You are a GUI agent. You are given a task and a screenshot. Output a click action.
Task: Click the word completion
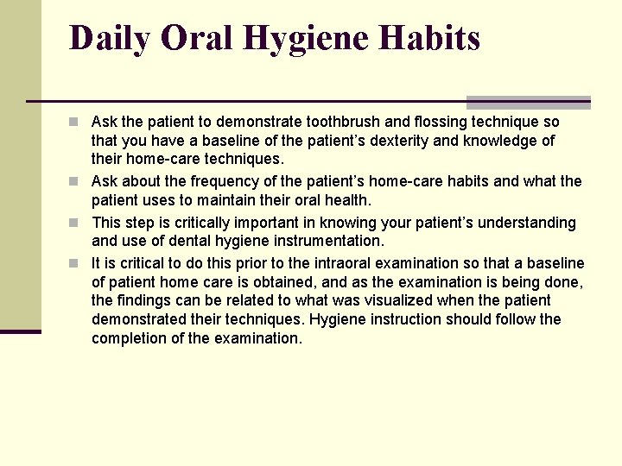[129, 338]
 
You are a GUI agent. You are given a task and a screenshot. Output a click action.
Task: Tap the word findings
[146, 300]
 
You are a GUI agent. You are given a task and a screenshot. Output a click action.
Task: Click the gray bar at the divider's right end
[528, 102]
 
